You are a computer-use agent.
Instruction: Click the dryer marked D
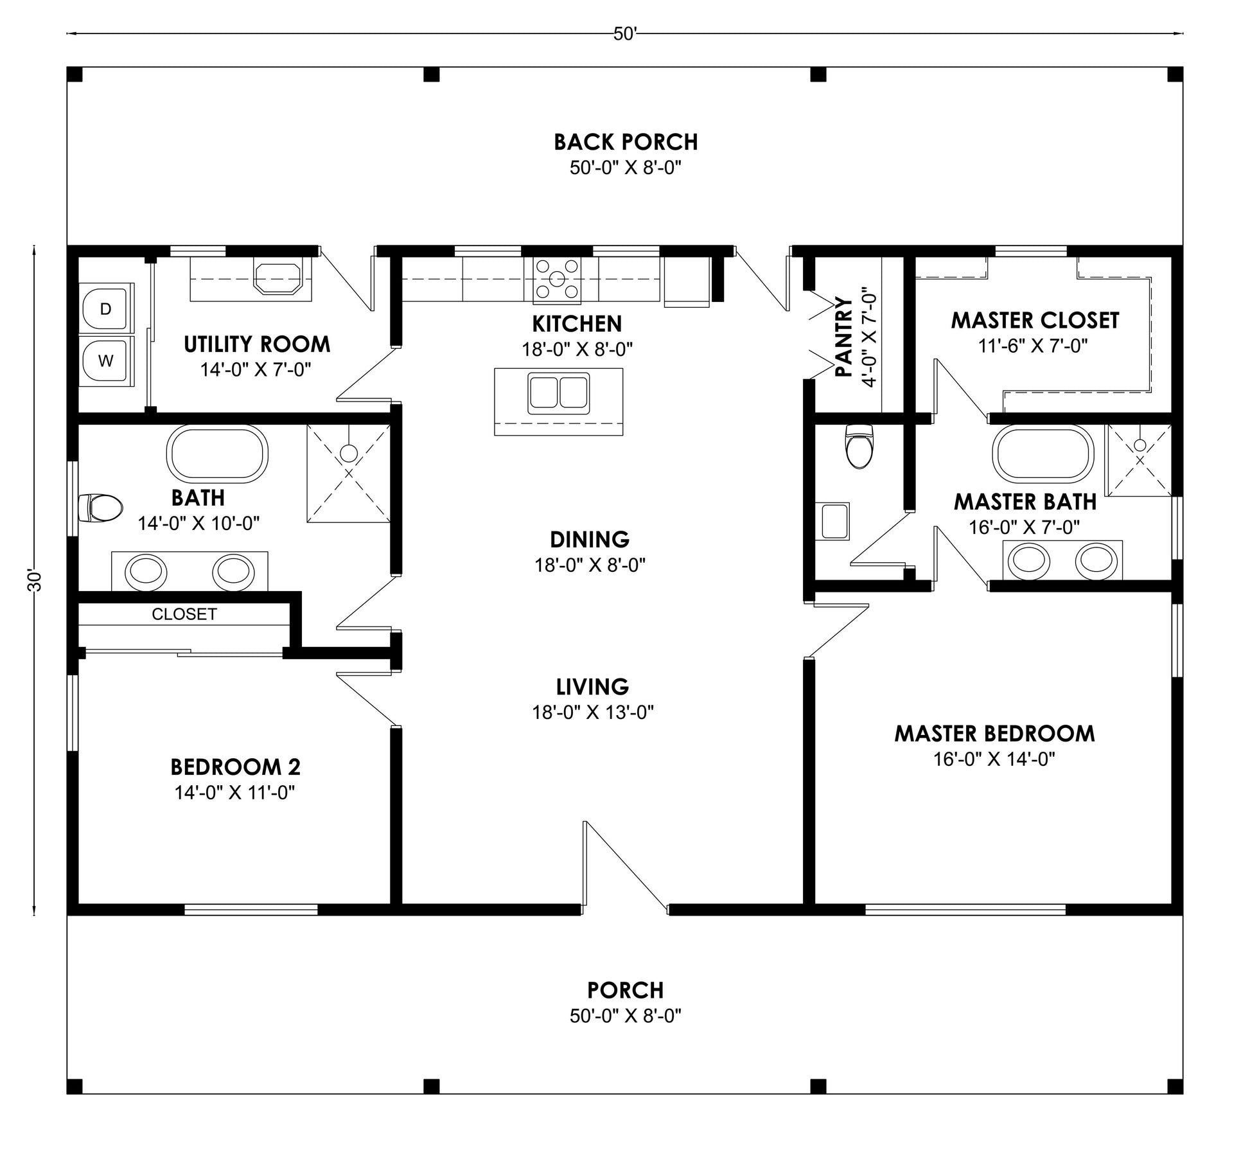tap(106, 308)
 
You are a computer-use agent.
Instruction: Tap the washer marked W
tap(106, 360)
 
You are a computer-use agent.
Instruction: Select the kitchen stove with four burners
tap(557, 279)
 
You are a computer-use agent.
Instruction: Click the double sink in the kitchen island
tap(558, 393)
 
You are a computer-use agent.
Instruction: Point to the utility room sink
tap(277, 277)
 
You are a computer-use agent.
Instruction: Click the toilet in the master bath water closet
tap(860, 445)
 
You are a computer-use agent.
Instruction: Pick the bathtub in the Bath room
tap(217, 454)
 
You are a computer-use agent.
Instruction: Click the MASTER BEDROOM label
tap(994, 734)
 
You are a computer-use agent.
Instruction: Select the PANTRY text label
tap(843, 337)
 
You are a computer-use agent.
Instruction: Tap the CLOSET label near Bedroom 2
tap(184, 614)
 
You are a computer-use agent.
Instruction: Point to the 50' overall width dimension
tap(624, 34)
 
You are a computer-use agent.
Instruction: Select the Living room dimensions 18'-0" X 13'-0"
tap(593, 713)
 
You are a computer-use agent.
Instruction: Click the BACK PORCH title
tap(626, 142)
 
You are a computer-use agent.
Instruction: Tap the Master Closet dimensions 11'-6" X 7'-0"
tap(1033, 346)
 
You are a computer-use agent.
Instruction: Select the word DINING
tap(590, 539)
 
